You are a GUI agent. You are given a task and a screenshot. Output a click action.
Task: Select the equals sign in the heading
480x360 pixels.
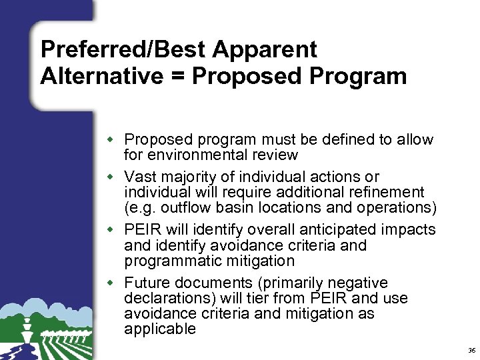point(179,77)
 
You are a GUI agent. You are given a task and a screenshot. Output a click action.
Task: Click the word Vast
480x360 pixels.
point(139,177)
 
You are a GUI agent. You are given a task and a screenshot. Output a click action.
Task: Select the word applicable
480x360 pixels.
point(160,329)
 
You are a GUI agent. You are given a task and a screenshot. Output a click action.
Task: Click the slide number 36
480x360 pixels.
point(471,350)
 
